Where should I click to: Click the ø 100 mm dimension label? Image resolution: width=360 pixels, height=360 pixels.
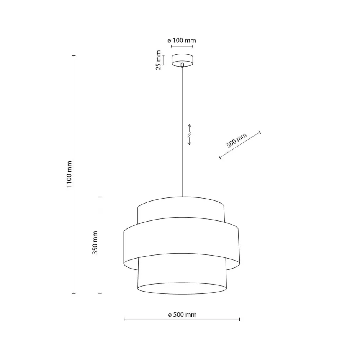point(182,41)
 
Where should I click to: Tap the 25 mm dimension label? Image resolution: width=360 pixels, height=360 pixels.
point(159,60)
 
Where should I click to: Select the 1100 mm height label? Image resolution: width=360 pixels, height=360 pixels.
point(69,174)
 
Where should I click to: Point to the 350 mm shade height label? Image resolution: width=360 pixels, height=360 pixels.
point(95,243)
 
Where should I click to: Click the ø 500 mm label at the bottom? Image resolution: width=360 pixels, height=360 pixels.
point(182,314)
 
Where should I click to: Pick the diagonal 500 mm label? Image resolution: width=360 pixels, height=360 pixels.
point(237,140)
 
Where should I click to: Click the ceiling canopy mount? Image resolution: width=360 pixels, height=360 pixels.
point(182,60)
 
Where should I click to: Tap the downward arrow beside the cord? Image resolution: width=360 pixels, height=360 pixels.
point(190,141)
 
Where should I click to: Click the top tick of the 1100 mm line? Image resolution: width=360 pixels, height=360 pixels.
point(74,56)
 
